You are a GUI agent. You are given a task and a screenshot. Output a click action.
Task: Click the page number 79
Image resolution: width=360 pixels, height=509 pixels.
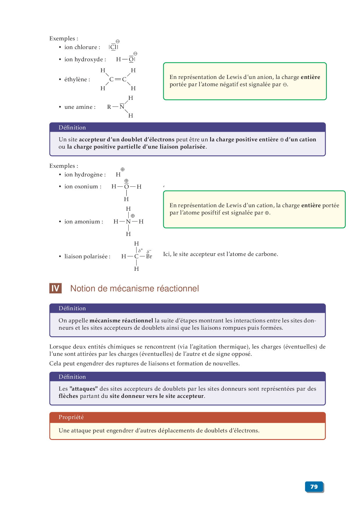(x=314, y=487)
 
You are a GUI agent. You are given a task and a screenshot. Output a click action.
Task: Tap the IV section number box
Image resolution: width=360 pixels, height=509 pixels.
(x=55, y=288)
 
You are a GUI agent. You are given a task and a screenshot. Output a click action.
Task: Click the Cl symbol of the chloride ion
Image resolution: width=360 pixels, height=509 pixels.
(x=114, y=47)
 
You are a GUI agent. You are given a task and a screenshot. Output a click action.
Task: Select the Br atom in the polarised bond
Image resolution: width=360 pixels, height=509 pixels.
(x=149, y=257)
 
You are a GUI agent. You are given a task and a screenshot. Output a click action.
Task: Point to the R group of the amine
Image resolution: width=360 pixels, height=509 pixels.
(x=109, y=107)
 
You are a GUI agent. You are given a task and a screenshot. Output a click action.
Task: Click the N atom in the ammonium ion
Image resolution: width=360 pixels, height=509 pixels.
(x=128, y=222)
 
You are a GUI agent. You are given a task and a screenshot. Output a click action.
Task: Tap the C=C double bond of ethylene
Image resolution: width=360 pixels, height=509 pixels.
(x=118, y=79)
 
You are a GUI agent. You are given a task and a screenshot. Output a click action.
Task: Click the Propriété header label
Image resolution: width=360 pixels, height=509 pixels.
(x=71, y=417)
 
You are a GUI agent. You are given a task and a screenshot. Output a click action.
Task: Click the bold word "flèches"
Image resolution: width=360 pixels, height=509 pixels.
(x=68, y=396)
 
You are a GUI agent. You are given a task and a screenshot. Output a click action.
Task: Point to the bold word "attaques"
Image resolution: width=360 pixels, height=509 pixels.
(x=84, y=389)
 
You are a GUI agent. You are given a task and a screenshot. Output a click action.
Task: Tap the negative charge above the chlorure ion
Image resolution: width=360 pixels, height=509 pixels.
(x=118, y=41)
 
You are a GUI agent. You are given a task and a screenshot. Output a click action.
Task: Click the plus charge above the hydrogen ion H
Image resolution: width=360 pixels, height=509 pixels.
(x=123, y=169)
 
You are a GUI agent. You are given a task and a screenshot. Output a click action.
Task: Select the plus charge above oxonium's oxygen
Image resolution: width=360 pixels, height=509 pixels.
(x=126, y=181)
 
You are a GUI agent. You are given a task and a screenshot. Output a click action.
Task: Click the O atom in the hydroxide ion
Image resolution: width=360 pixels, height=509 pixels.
(x=131, y=59)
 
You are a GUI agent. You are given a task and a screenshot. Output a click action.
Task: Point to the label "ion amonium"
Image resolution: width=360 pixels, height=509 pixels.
(x=84, y=222)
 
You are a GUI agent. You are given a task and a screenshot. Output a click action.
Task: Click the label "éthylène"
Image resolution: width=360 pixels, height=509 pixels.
(x=77, y=80)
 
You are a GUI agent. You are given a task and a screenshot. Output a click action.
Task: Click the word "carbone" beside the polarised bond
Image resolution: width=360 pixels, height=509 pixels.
(x=267, y=254)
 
